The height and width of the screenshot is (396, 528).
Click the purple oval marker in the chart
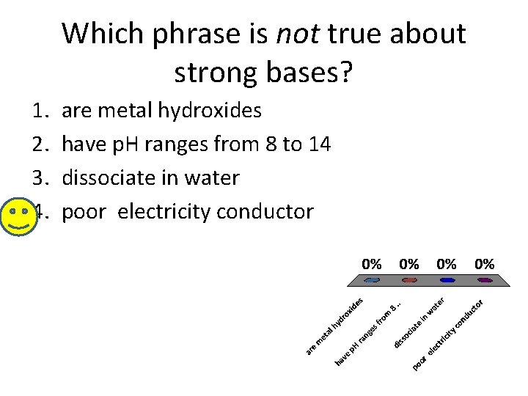point(484,280)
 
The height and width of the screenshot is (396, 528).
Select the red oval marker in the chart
point(409,280)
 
